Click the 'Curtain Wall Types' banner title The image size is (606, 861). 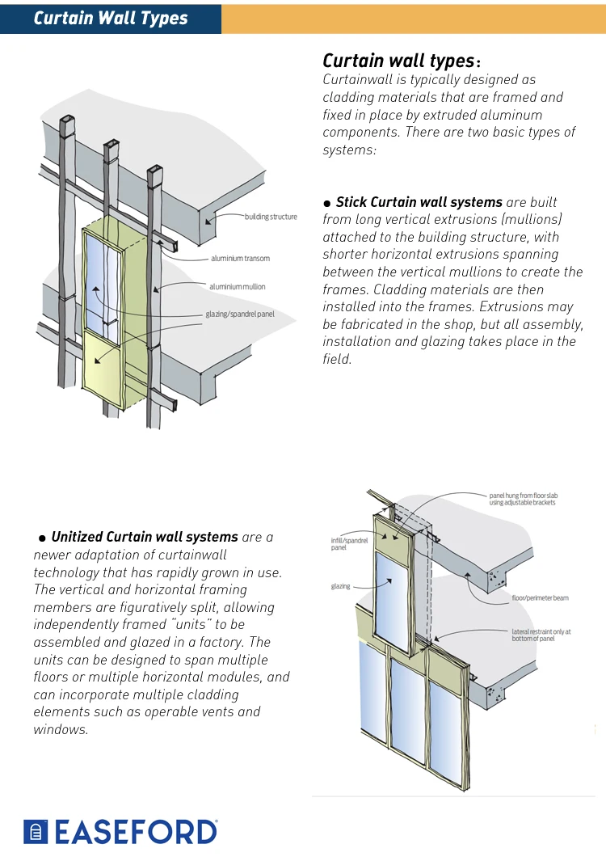click(x=111, y=18)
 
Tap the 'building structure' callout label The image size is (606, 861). click(x=271, y=217)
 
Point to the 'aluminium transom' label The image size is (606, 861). click(x=240, y=259)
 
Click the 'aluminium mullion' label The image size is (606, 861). click(x=237, y=287)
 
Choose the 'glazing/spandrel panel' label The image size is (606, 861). click(x=240, y=314)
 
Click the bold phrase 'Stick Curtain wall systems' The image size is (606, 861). click(x=419, y=202)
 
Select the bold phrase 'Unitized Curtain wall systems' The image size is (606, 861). click(x=145, y=537)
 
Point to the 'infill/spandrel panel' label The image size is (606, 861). click(x=349, y=543)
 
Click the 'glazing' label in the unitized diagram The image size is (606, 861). click(x=340, y=586)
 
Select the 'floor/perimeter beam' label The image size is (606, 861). click(x=540, y=598)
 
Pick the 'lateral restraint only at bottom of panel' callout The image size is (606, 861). click(x=541, y=635)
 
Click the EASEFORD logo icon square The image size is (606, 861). click(x=36, y=831)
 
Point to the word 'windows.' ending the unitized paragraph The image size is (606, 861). click(x=61, y=729)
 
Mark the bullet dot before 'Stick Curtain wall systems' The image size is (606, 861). click(x=327, y=203)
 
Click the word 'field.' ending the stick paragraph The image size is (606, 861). click(x=337, y=359)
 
